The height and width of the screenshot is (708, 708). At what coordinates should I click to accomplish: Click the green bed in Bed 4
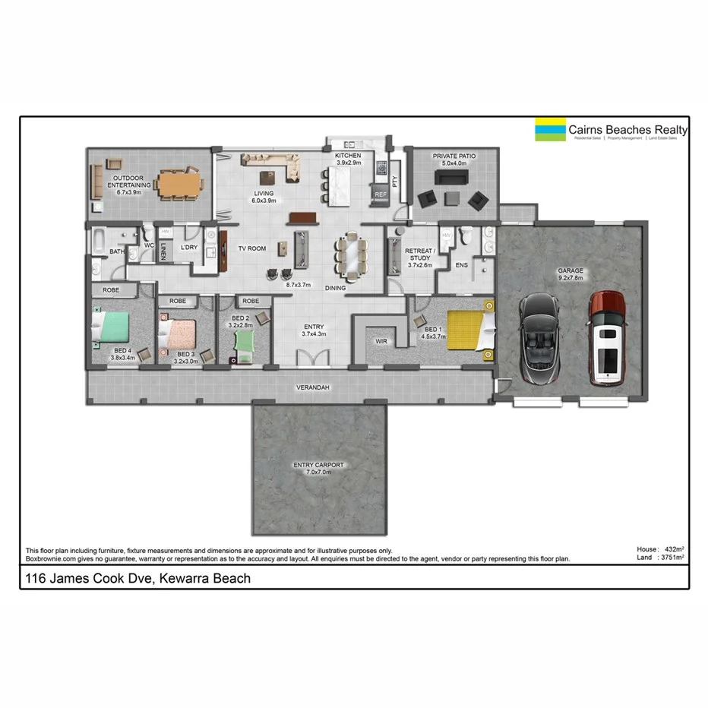tap(109, 328)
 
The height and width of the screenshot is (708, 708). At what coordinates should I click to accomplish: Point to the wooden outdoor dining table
tap(181, 184)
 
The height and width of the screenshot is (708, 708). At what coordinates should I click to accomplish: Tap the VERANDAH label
tap(312, 388)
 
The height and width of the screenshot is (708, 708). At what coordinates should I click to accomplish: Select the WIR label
tap(381, 341)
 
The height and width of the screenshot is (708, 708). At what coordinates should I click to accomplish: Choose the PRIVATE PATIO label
tap(454, 156)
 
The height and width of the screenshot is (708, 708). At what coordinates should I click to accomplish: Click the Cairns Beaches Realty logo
tap(612, 130)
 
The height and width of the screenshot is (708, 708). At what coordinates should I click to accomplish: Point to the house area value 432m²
tap(673, 548)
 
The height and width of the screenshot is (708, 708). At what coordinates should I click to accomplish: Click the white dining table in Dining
tap(350, 253)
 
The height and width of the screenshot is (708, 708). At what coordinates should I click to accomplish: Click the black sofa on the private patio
tap(450, 178)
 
